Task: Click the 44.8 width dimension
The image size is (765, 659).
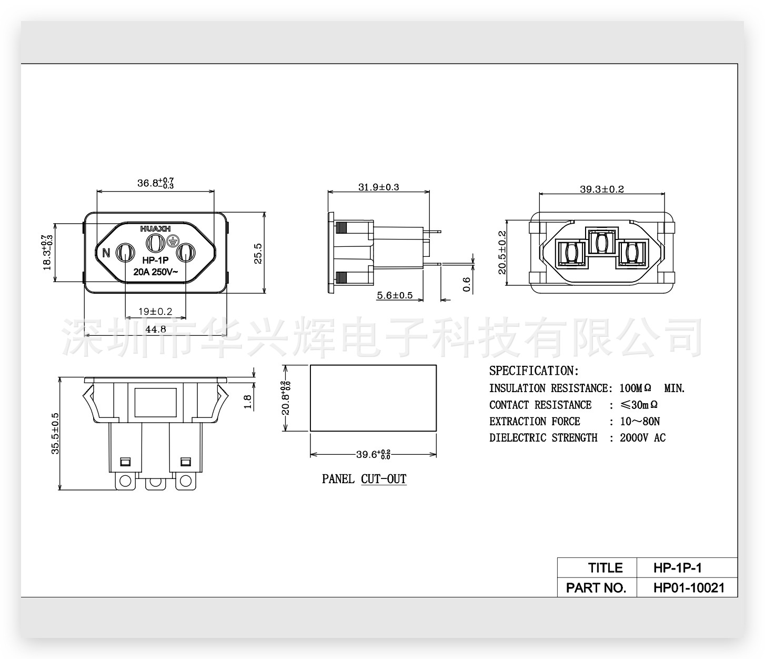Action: point(155,329)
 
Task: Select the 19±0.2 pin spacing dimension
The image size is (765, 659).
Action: point(155,312)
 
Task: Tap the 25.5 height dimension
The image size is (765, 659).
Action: point(258,253)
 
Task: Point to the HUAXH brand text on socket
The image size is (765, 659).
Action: point(155,229)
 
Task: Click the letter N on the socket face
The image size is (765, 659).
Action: point(106,253)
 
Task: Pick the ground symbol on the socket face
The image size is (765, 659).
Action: point(172,241)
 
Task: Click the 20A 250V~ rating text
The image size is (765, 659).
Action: point(155,272)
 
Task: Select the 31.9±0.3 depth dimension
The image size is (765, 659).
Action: point(379,187)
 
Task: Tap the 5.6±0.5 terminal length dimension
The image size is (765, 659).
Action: point(395,295)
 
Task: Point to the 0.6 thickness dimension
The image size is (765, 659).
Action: point(466,284)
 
